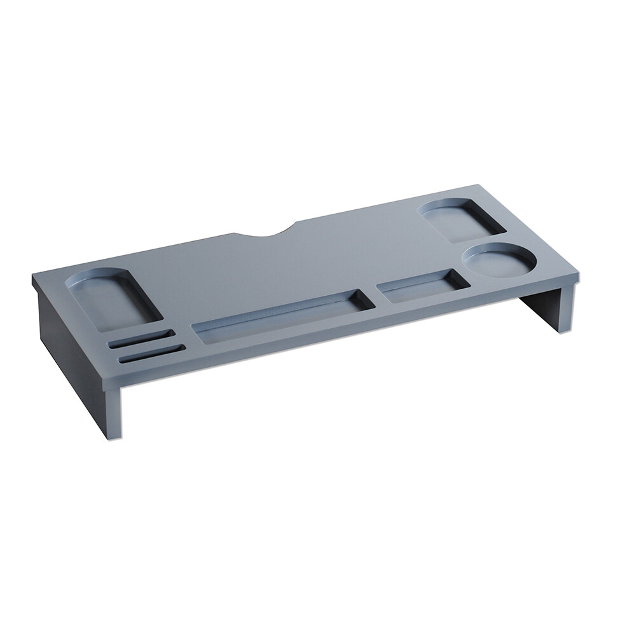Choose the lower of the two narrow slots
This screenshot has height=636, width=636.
tap(150, 354)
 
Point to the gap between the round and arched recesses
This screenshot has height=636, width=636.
tap(480, 238)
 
